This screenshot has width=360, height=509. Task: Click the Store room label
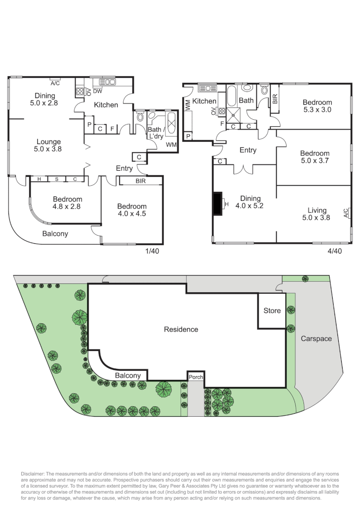(x=272, y=311)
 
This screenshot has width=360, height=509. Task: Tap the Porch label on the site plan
(x=196, y=377)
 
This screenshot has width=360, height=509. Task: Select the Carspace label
(x=316, y=338)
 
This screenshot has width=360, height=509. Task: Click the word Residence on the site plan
(x=181, y=329)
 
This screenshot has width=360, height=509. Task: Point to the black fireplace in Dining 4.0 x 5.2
(x=218, y=203)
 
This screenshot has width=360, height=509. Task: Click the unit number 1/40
(x=152, y=251)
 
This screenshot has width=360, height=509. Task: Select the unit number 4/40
(x=334, y=251)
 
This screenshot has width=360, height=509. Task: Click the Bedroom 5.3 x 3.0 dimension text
(x=317, y=110)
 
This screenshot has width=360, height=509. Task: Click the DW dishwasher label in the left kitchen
(x=98, y=91)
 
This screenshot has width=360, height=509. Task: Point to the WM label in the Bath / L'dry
(x=171, y=144)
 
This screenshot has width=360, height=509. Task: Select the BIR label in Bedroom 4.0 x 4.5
(x=140, y=181)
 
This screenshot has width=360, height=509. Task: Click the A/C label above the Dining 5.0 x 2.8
(x=55, y=83)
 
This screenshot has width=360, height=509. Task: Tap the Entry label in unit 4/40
(x=248, y=150)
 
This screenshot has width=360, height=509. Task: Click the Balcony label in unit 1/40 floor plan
(x=55, y=233)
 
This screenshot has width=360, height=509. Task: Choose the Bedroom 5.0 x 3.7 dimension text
(x=315, y=161)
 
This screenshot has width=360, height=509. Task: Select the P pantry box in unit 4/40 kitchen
(x=188, y=137)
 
